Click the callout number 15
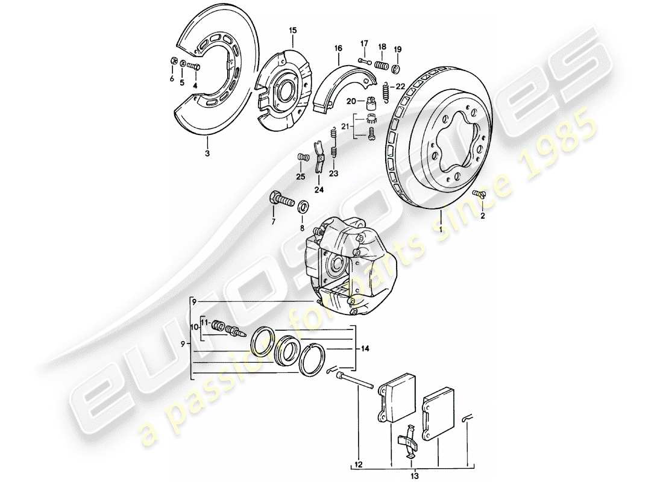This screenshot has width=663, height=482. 292,30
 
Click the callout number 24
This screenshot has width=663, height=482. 319,191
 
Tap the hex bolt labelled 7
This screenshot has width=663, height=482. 280,199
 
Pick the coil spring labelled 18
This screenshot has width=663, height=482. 381,64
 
